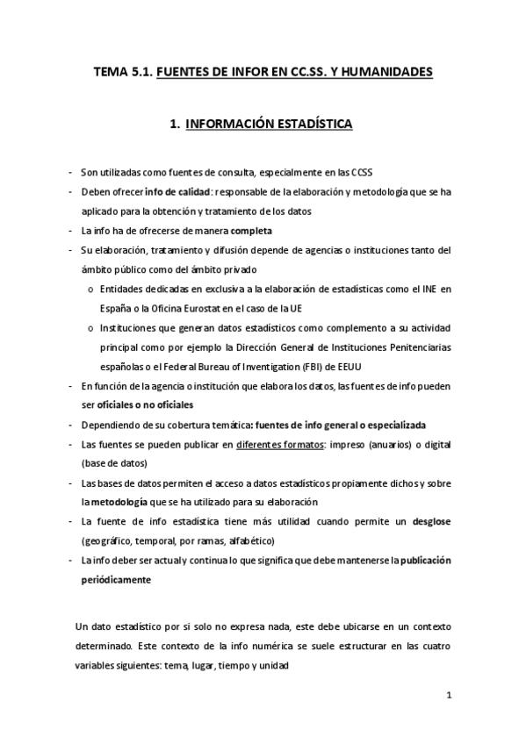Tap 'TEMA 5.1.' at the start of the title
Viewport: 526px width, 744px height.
(x=122, y=73)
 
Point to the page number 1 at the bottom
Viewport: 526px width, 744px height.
(x=448, y=697)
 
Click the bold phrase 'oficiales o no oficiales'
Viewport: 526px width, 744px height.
(x=143, y=404)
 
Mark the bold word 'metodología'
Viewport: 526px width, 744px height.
(x=119, y=502)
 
